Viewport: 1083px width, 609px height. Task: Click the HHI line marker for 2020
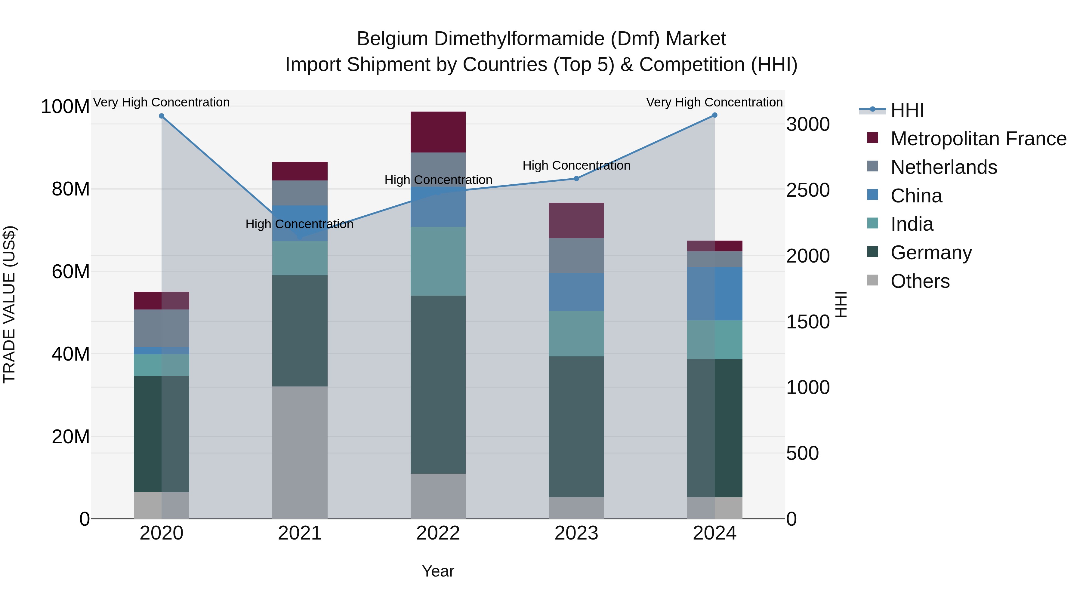162,116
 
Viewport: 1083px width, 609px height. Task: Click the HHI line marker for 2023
576,179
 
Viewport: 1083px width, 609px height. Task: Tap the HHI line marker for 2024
715,115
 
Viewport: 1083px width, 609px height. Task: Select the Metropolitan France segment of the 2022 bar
438,132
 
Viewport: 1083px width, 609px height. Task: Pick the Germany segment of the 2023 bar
576,426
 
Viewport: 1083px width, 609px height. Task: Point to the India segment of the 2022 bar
438,261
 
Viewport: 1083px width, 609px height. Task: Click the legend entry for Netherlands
943,167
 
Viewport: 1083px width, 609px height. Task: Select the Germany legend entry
931,253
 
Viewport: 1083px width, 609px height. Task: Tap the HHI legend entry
907,110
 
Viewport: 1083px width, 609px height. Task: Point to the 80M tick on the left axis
70,189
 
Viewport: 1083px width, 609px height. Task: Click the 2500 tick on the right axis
808,190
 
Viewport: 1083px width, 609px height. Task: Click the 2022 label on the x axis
438,533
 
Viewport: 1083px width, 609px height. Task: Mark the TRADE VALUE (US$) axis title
9,304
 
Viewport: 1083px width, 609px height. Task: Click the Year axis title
438,571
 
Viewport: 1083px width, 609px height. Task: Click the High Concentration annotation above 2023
576,166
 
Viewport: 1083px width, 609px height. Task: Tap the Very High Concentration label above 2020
162,102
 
